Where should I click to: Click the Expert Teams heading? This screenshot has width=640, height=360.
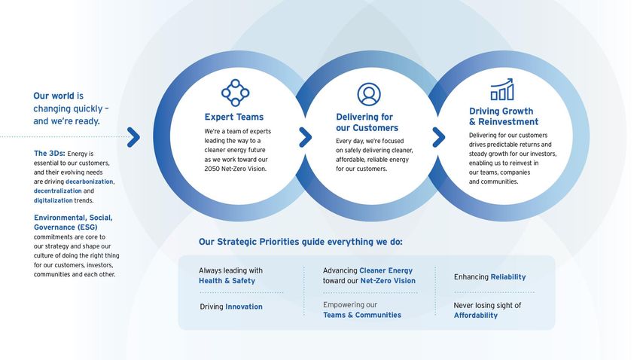(234, 117)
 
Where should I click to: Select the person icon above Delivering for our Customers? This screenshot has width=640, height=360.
(369, 94)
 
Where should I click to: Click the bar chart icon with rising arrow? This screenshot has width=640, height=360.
(502, 90)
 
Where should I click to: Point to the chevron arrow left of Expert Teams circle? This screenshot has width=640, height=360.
(133, 137)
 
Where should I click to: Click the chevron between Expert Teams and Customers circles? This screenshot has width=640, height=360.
(305, 137)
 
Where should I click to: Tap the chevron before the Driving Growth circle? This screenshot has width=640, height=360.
(439, 137)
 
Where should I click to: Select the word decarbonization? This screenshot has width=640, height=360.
(90, 182)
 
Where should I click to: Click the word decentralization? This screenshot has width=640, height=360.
(57, 191)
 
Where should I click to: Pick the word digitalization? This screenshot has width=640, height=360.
(53, 200)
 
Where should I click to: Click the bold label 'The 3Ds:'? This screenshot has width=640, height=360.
(50, 154)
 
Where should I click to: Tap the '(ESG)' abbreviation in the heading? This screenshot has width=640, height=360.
(87, 227)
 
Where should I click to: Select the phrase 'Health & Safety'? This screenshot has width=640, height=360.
(227, 281)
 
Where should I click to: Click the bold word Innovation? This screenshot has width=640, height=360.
(244, 307)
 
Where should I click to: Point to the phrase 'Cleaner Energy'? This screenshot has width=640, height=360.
(386, 270)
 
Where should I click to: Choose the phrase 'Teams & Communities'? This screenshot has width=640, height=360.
(362, 315)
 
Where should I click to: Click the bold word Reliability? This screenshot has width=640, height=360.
(508, 277)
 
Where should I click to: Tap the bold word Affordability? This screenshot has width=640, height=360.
(476, 316)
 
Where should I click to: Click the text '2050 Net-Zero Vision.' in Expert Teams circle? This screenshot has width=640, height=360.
(236, 169)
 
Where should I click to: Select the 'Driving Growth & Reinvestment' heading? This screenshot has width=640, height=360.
(503, 117)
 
